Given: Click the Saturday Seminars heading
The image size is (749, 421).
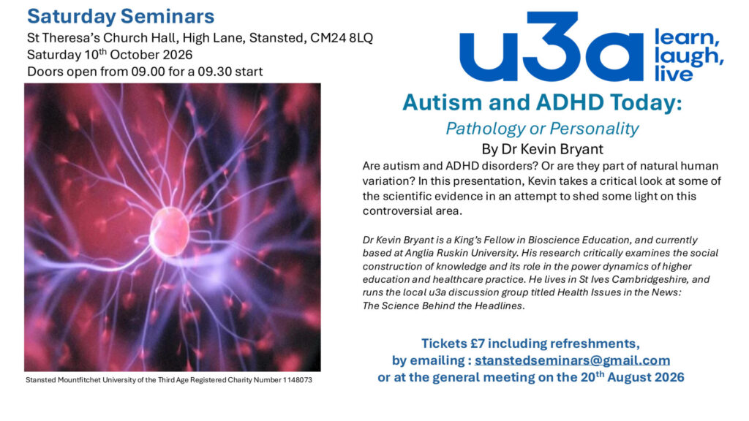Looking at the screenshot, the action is coord(121,16).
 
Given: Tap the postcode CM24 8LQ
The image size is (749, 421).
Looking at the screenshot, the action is coord(342,38).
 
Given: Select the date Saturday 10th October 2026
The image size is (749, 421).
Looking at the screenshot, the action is coord(110,54).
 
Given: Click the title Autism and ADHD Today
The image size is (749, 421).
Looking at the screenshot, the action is coord(542,102).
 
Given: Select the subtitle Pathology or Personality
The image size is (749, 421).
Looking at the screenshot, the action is coord(542,129).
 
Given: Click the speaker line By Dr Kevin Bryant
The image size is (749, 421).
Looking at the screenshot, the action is coord(542,149).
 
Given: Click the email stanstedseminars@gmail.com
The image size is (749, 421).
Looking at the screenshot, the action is coord(572,360).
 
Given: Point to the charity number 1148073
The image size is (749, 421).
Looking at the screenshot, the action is coord(298,380).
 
